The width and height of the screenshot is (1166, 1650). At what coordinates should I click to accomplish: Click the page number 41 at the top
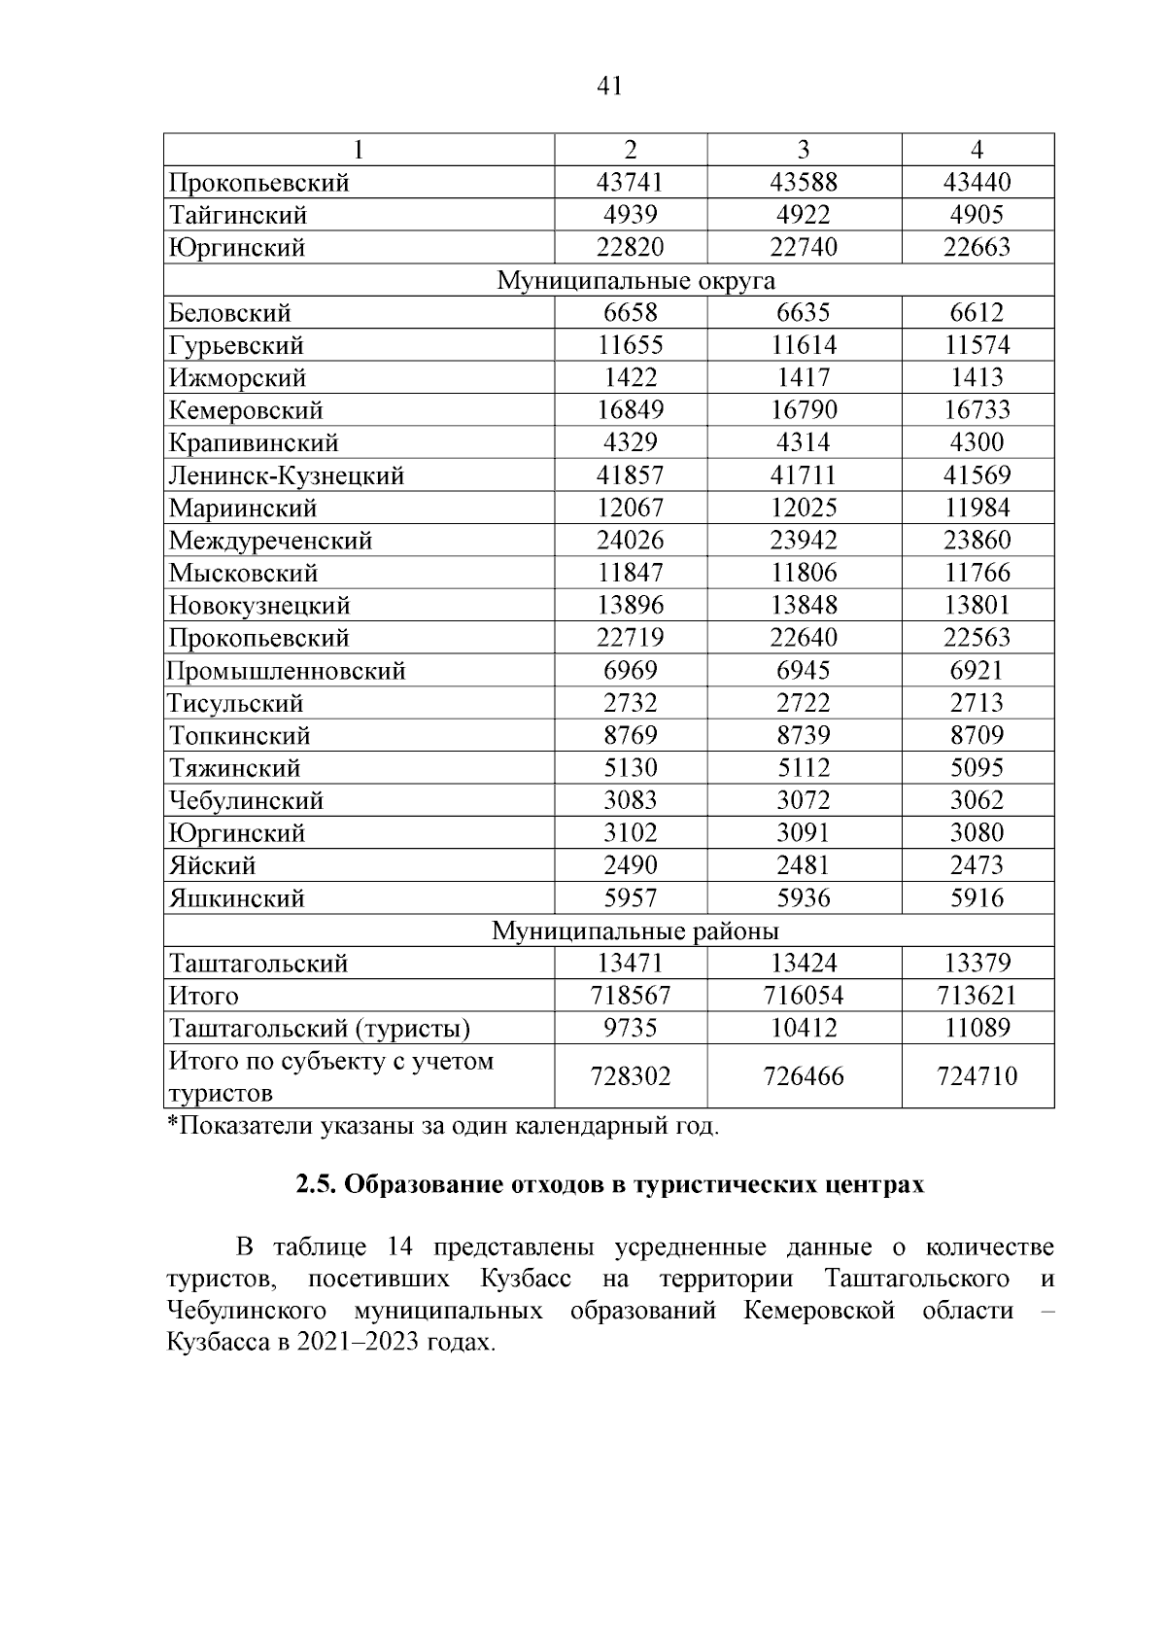click(x=608, y=87)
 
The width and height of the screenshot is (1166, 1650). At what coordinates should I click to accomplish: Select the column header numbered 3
click(x=804, y=150)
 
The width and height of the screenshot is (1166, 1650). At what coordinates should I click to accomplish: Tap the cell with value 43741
click(x=630, y=182)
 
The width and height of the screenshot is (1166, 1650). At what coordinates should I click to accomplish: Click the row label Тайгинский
click(x=238, y=215)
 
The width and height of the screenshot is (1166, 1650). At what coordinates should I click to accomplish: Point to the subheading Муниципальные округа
click(x=636, y=281)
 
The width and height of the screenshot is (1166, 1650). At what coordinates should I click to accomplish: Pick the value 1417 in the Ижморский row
click(x=804, y=377)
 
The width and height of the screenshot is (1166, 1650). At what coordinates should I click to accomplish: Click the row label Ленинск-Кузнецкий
click(x=287, y=475)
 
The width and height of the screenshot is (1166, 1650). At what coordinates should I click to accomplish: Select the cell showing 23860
click(x=977, y=541)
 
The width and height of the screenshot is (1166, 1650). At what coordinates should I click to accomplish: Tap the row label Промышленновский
click(x=287, y=671)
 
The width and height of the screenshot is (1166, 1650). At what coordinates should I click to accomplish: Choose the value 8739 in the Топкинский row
click(x=804, y=736)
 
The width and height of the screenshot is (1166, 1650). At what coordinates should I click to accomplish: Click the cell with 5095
click(x=977, y=768)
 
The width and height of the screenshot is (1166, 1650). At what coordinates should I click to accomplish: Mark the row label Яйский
click(x=213, y=865)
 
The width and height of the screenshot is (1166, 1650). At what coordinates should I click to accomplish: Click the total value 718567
click(x=630, y=996)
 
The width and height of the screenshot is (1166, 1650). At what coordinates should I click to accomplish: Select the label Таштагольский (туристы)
click(x=320, y=1029)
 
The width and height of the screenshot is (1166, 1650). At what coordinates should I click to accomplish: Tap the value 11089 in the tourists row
click(x=977, y=1029)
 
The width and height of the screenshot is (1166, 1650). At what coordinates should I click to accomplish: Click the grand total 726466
click(x=804, y=1076)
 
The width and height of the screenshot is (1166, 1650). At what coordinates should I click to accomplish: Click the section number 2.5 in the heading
click(x=316, y=1185)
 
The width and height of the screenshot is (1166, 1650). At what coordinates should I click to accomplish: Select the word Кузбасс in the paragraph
click(x=525, y=1279)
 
